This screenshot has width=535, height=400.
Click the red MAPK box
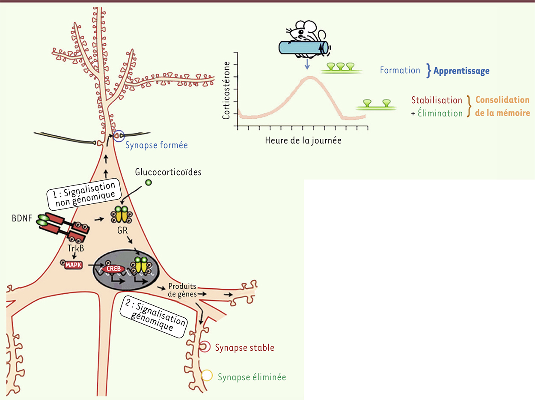(73, 265)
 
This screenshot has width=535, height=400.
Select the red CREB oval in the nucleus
(113, 269)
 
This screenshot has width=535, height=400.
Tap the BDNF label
(22, 218)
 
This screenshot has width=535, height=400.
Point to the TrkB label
(76, 248)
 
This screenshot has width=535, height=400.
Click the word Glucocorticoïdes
(168, 172)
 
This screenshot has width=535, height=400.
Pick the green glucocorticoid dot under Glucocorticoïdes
(149, 182)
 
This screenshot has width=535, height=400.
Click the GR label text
(122, 230)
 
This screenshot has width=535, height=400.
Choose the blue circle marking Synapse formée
(119, 136)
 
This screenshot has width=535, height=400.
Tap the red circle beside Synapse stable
(205, 347)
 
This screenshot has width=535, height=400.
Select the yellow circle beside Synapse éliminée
(207, 375)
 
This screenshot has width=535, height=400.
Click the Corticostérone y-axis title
(226, 90)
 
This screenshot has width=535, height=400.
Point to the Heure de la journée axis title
(303, 140)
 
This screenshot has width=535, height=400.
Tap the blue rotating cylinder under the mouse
(303, 48)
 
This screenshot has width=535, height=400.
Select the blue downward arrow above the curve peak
(307, 64)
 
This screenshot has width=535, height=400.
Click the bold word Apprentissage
(461, 71)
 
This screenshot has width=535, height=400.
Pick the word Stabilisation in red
(437, 100)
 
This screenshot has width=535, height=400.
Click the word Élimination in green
(440, 113)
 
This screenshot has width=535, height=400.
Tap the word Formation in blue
(400, 71)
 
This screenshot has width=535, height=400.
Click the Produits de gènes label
(182, 290)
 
